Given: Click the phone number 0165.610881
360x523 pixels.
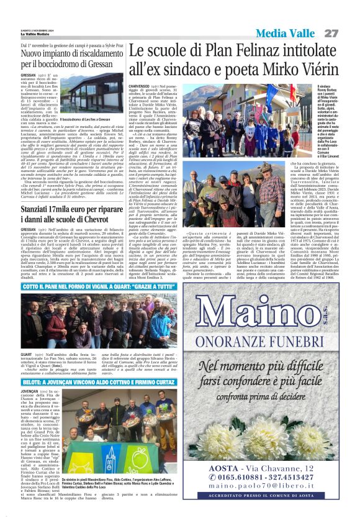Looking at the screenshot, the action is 230,478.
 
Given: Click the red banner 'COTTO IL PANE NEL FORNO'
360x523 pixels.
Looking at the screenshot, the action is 99,286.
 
